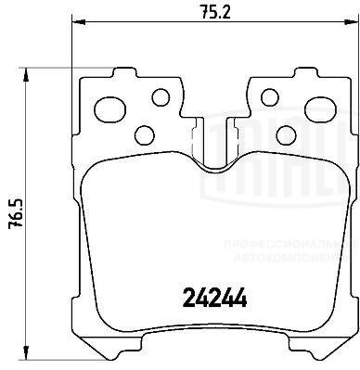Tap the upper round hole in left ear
coord(160,96)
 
